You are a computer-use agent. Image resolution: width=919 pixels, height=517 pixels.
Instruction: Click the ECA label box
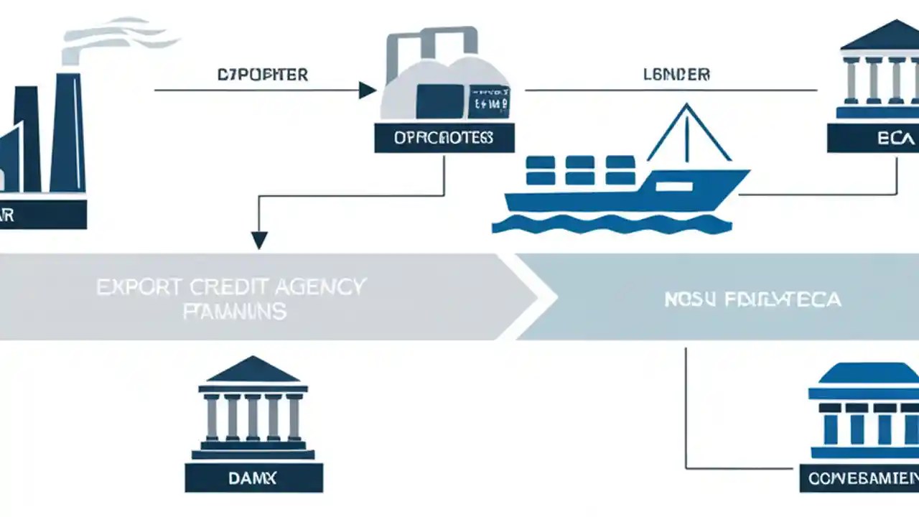click(x=873, y=138)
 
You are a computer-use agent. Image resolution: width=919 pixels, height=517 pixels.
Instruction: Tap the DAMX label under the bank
click(x=253, y=478)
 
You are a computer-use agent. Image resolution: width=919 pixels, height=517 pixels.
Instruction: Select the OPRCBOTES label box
click(x=444, y=137)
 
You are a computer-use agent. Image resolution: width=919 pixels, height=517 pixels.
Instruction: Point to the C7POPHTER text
click(x=262, y=75)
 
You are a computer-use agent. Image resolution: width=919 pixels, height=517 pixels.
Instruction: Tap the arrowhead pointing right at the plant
click(x=367, y=90)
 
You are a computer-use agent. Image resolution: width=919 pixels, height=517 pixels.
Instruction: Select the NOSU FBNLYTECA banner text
click(x=752, y=299)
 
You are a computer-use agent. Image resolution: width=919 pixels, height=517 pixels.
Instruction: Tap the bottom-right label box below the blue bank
click(x=859, y=478)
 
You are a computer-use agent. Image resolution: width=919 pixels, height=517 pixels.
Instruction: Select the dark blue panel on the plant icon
click(x=439, y=101)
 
